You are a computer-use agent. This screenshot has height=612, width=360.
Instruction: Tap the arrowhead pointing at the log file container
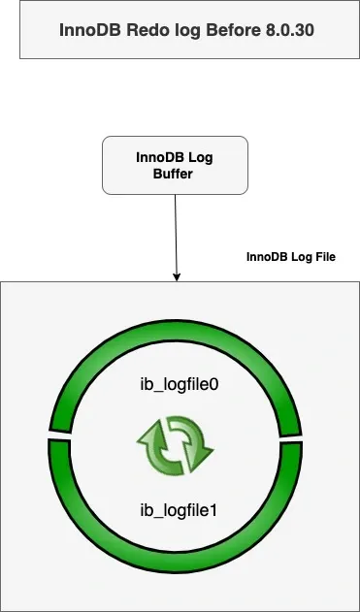pyautogui.click(x=177, y=277)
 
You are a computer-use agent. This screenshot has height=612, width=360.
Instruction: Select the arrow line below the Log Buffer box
pyautogui.click(x=176, y=233)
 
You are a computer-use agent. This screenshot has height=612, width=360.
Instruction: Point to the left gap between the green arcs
pyautogui.click(x=49, y=435)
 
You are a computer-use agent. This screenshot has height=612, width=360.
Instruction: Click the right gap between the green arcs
pyautogui.click(x=302, y=440)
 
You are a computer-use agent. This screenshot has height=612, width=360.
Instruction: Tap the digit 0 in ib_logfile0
pyautogui.click(x=214, y=385)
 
